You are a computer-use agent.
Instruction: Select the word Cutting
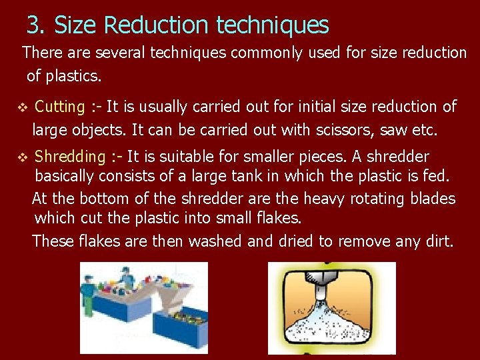[59, 107]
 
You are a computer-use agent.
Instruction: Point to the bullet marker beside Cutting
[22, 107]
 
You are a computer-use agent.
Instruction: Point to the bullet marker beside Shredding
[22, 157]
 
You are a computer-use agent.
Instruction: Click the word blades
[430, 198]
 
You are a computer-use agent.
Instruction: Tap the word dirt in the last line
[438, 241]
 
